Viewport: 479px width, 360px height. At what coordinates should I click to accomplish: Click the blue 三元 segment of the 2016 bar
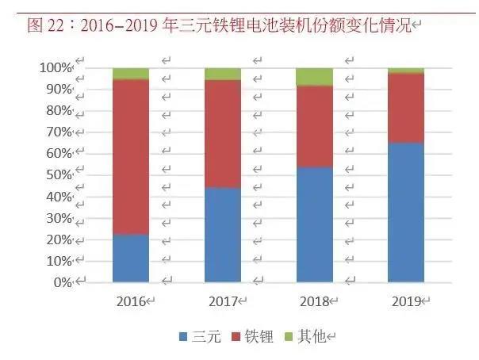point(131,258)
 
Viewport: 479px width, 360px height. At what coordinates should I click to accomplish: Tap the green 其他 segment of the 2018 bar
point(314,76)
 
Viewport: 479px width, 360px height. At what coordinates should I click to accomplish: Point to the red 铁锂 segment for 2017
point(223,133)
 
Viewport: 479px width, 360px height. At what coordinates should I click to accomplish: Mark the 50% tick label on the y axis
point(56,175)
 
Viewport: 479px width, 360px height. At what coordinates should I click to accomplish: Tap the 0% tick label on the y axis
point(59,282)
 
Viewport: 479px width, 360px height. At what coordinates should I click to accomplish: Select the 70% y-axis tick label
point(56,132)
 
